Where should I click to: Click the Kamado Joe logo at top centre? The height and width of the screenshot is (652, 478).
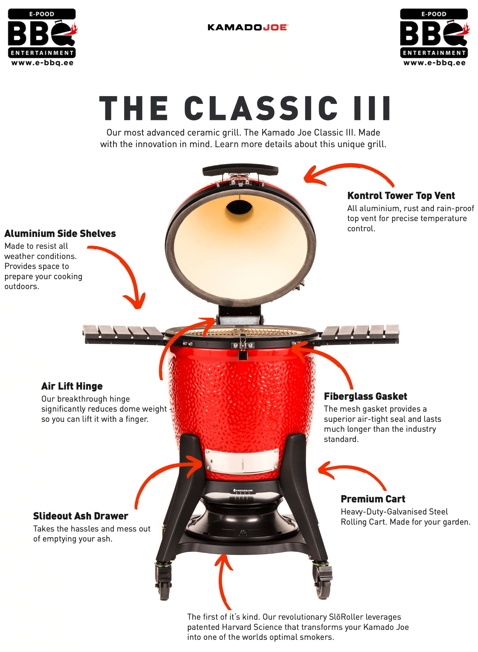(x=248, y=27)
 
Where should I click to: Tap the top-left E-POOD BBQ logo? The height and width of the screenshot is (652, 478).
(x=42, y=37)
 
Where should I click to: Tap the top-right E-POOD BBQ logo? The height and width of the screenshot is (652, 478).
(x=434, y=37)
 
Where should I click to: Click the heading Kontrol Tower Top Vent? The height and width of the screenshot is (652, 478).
(x=401, y=195)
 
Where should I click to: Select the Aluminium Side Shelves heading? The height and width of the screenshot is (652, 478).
(x=60, y=233)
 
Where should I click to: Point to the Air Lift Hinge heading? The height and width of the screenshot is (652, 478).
(x=72, y=386)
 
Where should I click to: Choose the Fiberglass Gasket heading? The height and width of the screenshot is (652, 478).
(x=365, y=396)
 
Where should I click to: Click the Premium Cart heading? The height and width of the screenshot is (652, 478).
(x=373, y=499)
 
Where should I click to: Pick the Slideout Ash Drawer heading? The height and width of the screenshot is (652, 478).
(x=81, y=516)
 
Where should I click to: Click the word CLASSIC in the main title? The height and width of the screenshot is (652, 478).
(x=261, y=108)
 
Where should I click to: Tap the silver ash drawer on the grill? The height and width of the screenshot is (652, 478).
(x=242, y=461)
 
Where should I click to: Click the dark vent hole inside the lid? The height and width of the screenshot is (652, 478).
(x=239, y=207)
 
